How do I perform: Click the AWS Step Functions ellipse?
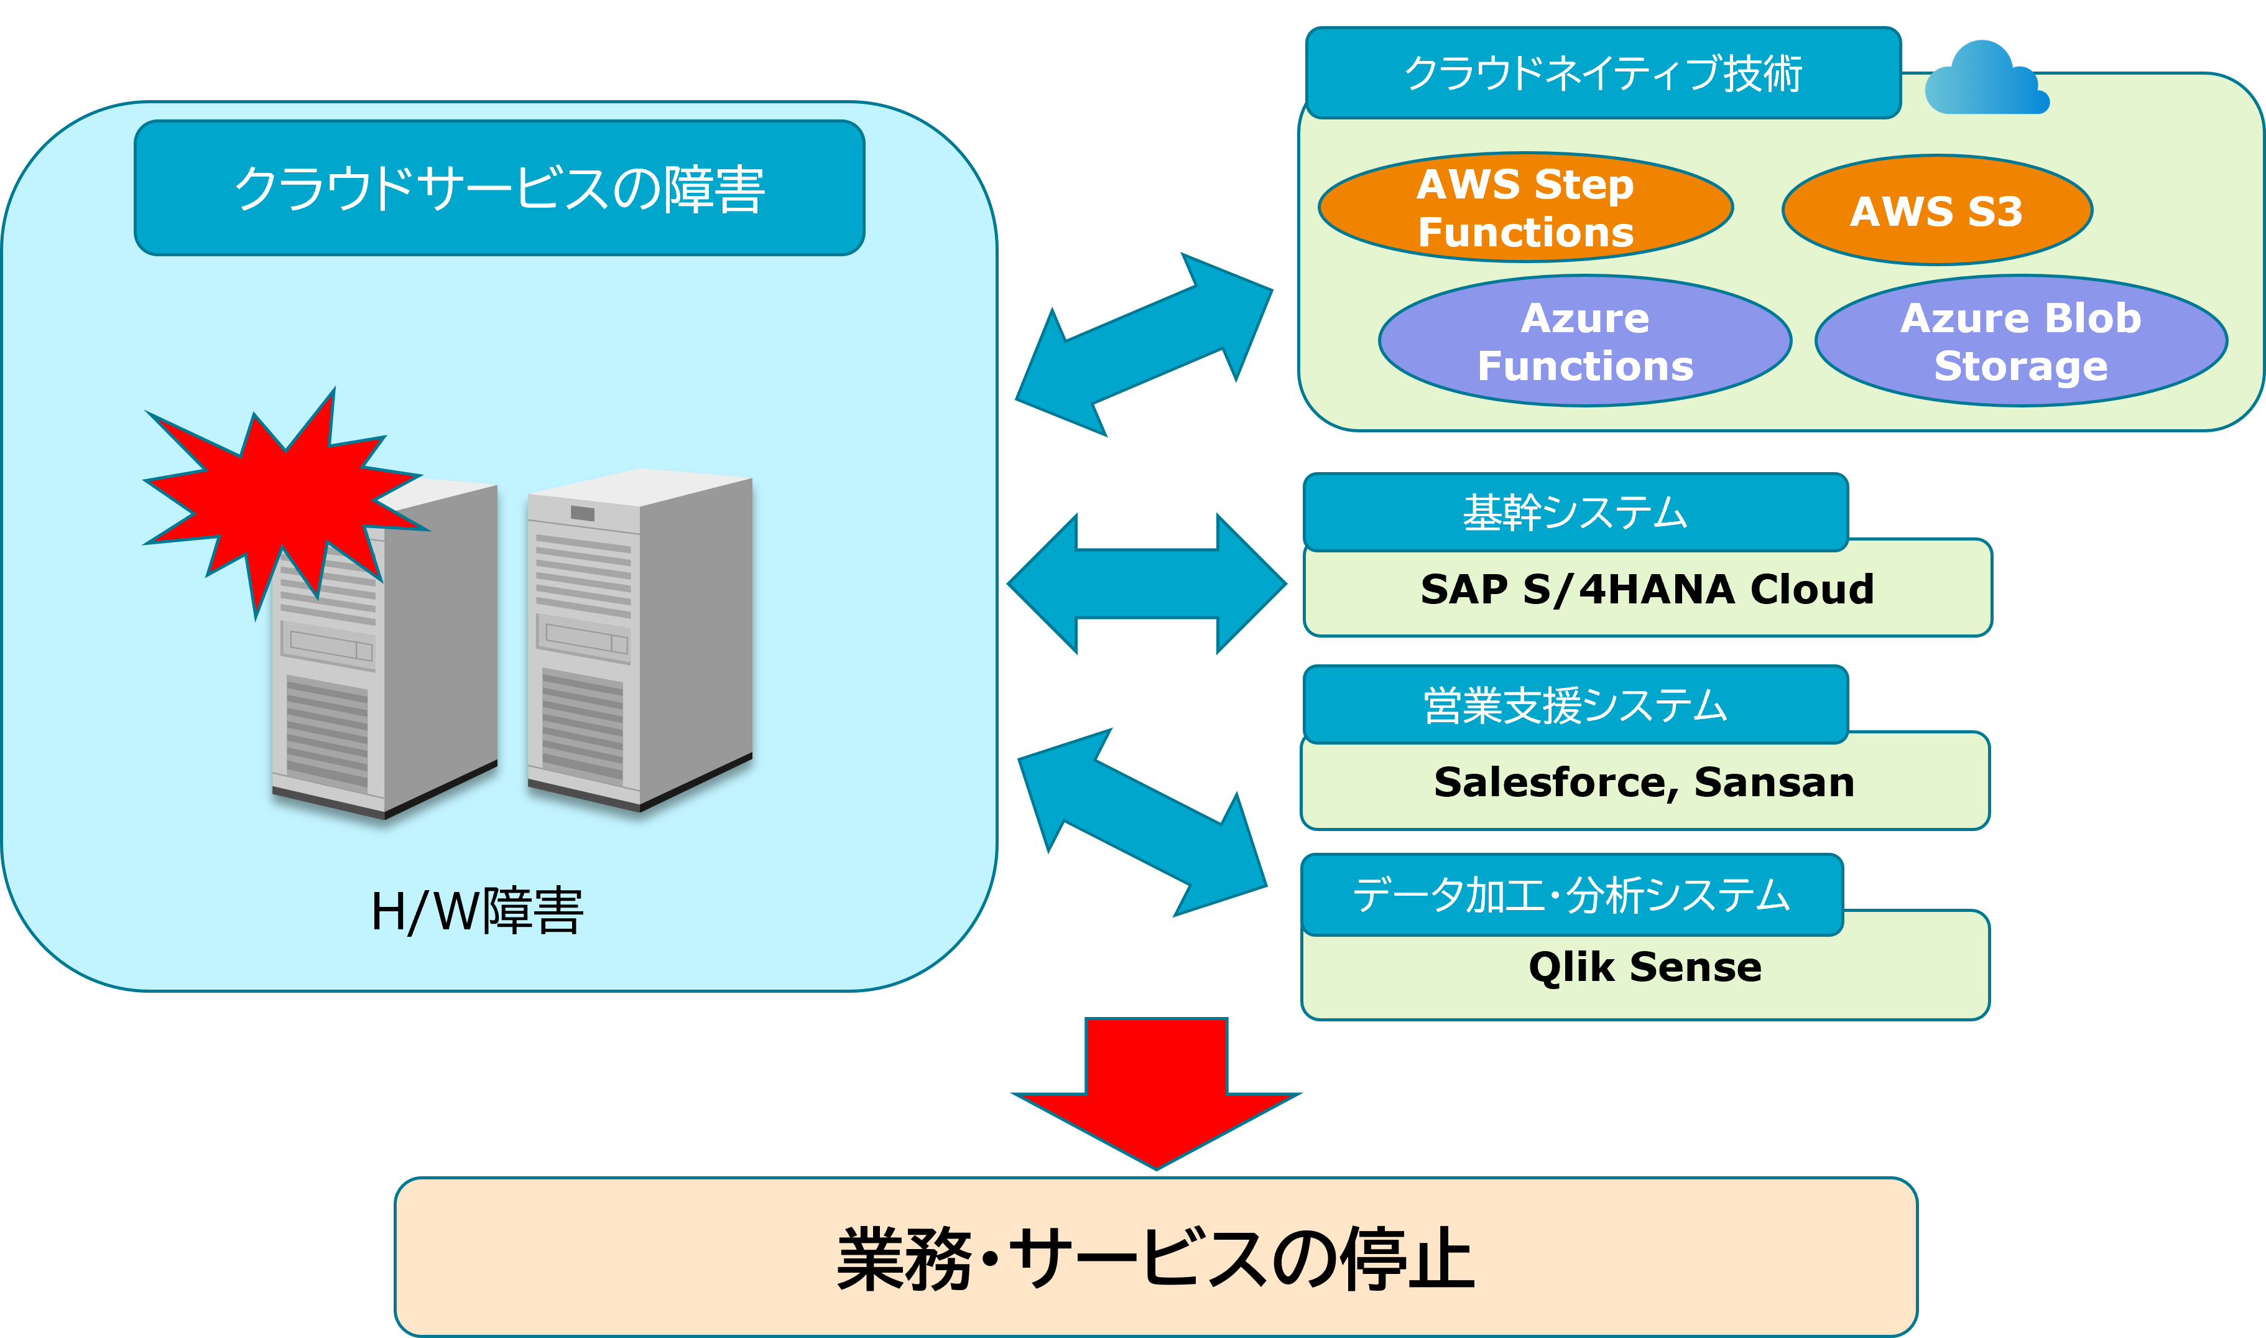tap(1525, 207)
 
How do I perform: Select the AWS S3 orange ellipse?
tap(1937, 210)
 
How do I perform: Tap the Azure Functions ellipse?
tap(1584, 341)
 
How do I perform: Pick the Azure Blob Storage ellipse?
tap(2021, 341)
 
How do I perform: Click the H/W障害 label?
tap(477, 911)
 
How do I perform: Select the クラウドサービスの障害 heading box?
tap(499, 187)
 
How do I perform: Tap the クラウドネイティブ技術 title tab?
tap(1602, 73)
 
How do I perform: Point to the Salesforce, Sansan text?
tap(1644, 782)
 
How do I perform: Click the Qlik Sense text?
tap(1644, 967)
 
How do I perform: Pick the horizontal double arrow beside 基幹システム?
tap(1147, 583)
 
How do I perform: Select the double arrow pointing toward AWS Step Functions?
tap(1144, 345)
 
